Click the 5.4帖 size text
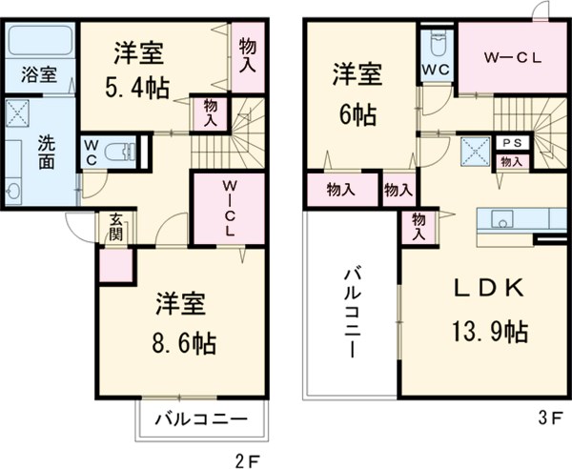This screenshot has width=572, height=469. pos(136,89)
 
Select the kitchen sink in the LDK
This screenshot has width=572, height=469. pos(503,219)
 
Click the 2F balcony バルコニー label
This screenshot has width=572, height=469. pos(201,419)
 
